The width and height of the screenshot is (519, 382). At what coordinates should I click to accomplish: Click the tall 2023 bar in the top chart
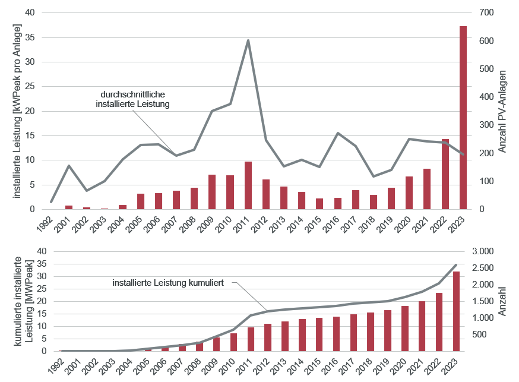463,119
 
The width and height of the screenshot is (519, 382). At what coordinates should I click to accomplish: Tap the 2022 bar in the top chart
445,174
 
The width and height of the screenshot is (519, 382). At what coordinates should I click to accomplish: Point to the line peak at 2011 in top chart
248,40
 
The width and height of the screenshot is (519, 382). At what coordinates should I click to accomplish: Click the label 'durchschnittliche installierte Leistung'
133,99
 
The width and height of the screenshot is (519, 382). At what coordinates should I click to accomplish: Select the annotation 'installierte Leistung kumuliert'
168,283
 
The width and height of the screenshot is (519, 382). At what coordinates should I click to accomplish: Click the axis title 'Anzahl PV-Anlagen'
502,111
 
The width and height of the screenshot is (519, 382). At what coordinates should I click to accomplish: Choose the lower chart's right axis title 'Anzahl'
502,301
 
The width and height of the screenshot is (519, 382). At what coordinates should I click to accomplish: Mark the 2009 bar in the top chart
212,192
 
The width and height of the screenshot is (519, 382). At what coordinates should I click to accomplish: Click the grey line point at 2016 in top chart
337,133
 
